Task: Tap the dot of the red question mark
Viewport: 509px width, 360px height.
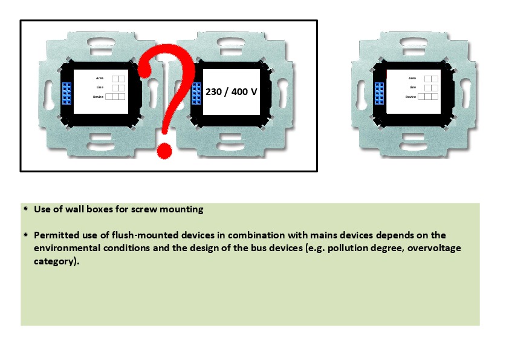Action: click(164, 151)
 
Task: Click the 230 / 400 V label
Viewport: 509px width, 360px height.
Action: click(231, 91)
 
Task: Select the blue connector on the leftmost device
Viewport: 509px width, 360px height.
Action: click(66, 93)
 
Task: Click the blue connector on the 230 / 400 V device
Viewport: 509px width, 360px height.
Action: click(196, 93)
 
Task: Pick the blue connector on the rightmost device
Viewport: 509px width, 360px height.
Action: click(379, 93)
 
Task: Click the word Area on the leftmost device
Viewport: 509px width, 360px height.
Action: click(100, 78)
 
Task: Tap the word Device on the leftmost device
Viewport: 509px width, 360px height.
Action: click(98, 97)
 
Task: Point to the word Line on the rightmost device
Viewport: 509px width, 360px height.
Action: click(413, 87)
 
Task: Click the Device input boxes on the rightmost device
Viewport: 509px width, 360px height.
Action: click(428, 96)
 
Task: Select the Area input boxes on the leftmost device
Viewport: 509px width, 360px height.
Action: click(118, 79)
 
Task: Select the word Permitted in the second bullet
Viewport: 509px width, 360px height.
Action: click(56, 235)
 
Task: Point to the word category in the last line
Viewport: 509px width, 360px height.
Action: click(54, 261)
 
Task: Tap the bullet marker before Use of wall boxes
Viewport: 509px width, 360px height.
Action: click(26, 209)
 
